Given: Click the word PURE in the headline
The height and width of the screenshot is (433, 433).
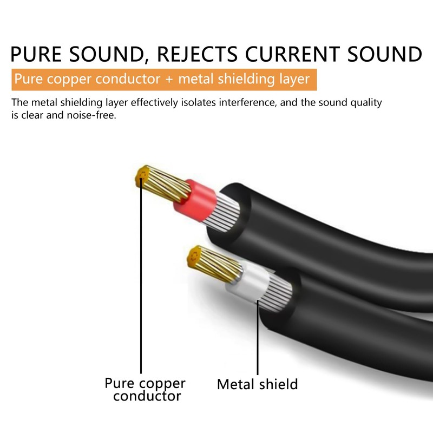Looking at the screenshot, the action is tap(36, 54).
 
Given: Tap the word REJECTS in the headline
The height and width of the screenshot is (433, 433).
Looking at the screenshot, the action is tap(197, 54).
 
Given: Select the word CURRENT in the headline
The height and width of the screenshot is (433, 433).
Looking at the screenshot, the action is tap(292, 54).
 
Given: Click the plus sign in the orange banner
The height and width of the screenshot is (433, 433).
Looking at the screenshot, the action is tap(169, 80).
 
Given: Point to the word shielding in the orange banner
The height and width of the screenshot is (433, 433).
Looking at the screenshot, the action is tap(246, 79).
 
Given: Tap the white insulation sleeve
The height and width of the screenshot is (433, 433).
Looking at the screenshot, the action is tap(248, 280).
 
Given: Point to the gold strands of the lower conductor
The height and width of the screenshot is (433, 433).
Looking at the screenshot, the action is tap(214, 264).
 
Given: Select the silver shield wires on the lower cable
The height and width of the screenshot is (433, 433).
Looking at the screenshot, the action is tap(275, 293).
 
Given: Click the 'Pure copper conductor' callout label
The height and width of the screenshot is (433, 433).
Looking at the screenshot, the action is tap(145, 389).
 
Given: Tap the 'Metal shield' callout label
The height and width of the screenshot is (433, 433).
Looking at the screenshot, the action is tap(258, 384).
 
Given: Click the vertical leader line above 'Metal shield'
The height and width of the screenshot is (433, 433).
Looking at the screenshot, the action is tap(258, 337).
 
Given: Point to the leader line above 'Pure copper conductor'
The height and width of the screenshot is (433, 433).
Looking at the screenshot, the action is tap(141, 275).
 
